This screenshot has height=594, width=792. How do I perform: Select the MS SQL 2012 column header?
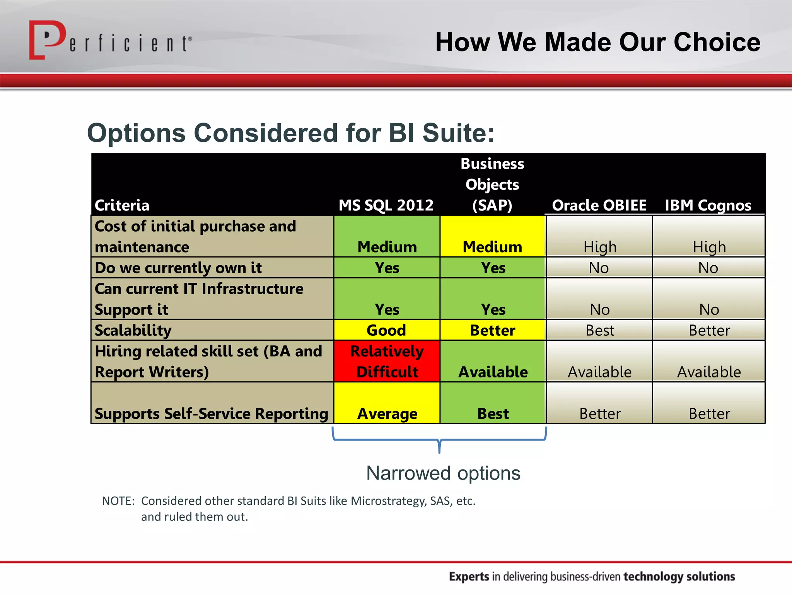[x=386, y=205]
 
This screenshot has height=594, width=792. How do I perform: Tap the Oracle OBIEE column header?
[x=599, y=205]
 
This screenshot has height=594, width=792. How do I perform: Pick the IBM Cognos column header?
[x=708, y=205]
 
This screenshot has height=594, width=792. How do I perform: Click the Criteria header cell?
[x=122, y=205]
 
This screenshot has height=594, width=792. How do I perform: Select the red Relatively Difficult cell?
[x=387, y=361]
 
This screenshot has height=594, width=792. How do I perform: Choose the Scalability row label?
[x=133, y=330]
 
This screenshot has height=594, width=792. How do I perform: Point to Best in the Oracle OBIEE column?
[x=599, y=330]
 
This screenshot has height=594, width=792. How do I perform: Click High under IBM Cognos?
[x=709, y=247]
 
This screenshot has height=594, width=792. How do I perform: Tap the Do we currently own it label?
[x=178, y=268]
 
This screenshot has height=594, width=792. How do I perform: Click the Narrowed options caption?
[x=443, y=473]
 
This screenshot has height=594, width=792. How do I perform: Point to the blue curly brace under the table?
[x=439, y=440]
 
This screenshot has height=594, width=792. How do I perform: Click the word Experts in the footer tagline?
[x=469, y=576]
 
